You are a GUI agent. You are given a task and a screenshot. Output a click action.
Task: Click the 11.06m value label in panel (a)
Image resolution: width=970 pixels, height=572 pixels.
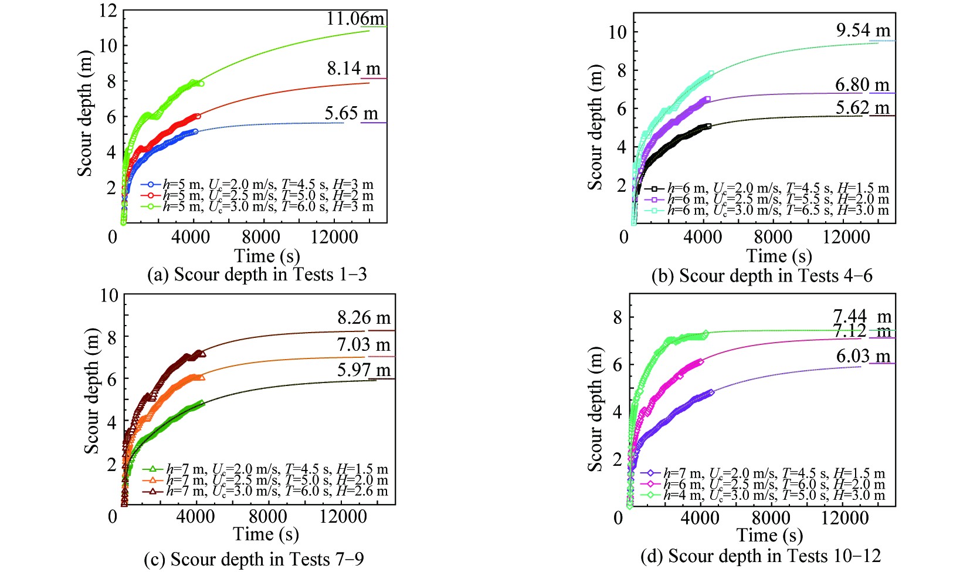(x=355, y=19)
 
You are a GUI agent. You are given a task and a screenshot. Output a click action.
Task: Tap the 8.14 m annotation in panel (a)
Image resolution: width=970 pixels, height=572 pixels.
(x=354, y=69)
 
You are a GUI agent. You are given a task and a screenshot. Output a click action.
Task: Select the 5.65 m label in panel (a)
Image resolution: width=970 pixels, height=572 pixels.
(x=351, y=113)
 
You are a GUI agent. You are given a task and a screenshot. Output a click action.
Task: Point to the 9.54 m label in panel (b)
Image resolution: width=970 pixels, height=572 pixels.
(x=863, y=31)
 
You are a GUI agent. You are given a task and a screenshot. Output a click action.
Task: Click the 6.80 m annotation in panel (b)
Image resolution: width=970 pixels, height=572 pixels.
(x=862, y=85)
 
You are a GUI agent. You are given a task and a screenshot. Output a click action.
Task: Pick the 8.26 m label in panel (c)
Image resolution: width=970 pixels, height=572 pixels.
(x=364, y=318)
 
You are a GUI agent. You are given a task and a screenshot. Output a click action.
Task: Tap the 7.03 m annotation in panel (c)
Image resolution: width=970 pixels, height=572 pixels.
(x=364, y=345)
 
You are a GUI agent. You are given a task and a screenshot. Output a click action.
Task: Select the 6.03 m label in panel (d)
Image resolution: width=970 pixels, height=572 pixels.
(x=863, y=356)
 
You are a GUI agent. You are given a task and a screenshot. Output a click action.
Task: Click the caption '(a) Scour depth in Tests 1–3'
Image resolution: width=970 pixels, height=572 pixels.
(x=257, y=275)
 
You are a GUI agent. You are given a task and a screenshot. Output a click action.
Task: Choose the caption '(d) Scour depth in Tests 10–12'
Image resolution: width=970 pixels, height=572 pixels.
(x=760, y=556)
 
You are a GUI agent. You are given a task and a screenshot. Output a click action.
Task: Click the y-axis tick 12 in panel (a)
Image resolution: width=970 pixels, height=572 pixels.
(x=108, y=11)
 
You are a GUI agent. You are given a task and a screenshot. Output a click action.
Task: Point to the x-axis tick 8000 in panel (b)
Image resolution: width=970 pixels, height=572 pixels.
(x=772, y=237)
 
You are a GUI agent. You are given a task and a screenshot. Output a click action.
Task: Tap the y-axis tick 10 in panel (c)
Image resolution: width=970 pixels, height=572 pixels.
(x=108, y=295)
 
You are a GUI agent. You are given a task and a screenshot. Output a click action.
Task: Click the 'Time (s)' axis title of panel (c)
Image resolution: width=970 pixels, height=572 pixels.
(x=266, y=534)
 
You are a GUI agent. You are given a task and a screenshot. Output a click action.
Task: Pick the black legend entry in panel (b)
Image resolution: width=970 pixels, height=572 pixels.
(x=766, y=188)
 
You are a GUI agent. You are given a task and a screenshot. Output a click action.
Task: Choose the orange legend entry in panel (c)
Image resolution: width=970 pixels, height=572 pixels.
(x=265, y=480)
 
